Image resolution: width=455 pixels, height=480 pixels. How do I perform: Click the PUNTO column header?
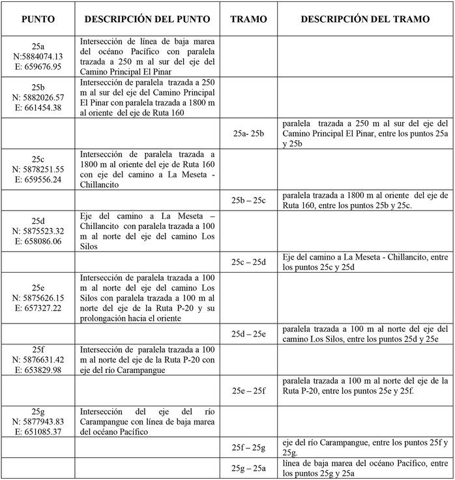(x=38, y=20)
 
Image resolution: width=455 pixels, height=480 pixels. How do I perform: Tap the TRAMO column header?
(x=249, y=20)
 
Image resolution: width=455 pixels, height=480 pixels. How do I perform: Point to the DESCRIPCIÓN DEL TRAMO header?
(x=365, y=20)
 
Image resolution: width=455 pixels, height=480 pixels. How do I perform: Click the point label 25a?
(x=38, y=46)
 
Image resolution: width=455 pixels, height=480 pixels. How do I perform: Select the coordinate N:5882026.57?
(x=38, y=97)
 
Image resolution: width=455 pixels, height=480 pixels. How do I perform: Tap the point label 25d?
(x=38, y=221)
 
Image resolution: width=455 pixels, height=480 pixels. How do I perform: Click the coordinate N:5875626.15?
(x=38, y=297)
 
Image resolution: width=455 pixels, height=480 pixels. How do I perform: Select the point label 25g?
(x=38, y=411)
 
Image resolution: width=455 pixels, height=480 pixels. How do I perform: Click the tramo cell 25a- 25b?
(x=249, y=133)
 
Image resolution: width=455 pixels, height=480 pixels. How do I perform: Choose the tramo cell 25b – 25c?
(x=249, y=200)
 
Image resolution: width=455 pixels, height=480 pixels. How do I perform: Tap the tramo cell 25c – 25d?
(x=249, y=262)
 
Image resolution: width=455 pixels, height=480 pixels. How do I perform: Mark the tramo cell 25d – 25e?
(x=249, y=334)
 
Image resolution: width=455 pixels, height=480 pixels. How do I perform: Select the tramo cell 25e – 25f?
(x=249, y=391)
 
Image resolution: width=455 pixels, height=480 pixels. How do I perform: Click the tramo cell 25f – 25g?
(x=249, y=447)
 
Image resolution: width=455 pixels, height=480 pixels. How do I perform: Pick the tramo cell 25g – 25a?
(x=249, y=468)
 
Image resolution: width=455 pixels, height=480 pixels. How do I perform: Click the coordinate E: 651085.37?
(x=38, y=431)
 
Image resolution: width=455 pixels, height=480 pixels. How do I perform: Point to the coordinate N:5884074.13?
(x=38, y=56)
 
